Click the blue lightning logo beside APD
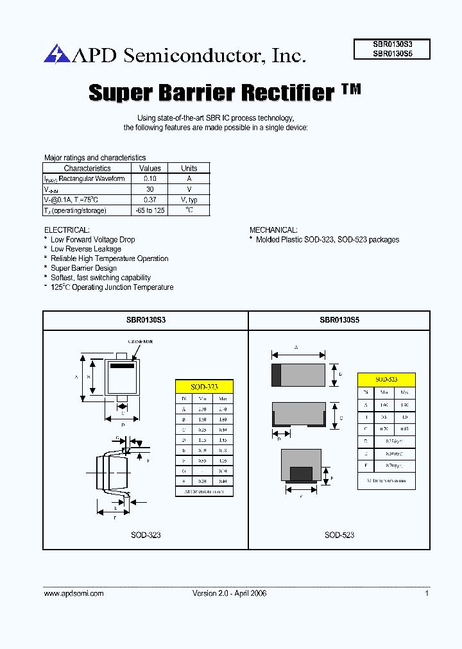coord(56,54)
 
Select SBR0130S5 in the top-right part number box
coord(392,55)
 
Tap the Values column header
coord(150,169)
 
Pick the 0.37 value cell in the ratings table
coord(150,199)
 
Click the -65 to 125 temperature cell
coord(150,210)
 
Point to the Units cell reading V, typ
coord(189,199)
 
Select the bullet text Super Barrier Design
coord(83,268)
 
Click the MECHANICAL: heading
coord(273,230)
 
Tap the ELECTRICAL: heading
coord(67,230)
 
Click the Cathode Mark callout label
coord(140,342)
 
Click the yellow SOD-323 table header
coord(204,387)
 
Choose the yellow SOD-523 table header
coord(386,380)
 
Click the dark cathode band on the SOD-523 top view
coord(277,375)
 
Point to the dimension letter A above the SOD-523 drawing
coord(296,347)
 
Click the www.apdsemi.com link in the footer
coord(74,593)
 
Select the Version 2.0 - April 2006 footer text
coord(230,593)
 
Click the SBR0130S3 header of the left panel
coord(146,319)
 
